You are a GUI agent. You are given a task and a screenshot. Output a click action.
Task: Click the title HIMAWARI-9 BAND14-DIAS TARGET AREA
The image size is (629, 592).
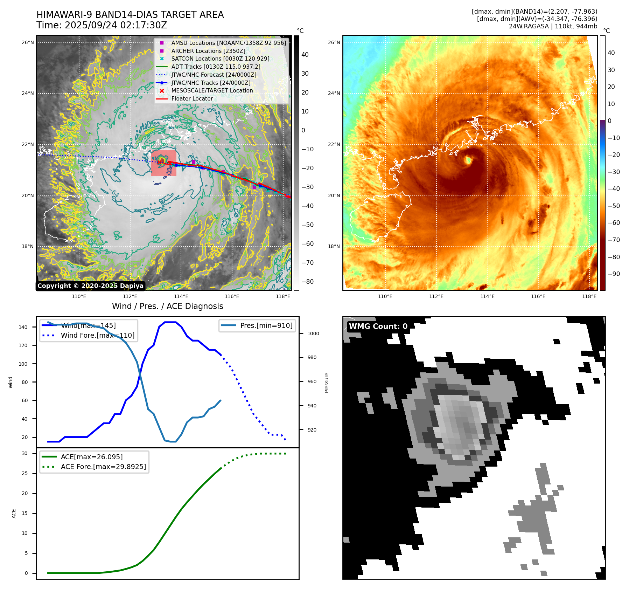(x=130, y=15)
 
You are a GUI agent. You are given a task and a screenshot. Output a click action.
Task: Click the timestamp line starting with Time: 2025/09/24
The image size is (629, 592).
(x=102, y=26)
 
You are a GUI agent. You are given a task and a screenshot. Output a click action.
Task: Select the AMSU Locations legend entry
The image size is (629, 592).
(x=228, y=43)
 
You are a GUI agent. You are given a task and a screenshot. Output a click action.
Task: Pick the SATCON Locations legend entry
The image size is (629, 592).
(x=220, y=58)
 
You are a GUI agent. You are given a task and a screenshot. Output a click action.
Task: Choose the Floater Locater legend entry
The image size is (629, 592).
(x=192, y=98)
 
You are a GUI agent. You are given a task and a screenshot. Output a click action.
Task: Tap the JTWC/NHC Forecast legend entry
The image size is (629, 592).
(x=214, y=75)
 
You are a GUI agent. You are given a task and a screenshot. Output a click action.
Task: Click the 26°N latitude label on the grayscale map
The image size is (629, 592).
(x=28, y=43)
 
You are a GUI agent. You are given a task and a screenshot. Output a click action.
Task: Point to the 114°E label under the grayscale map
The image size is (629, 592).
(x=181, y=296)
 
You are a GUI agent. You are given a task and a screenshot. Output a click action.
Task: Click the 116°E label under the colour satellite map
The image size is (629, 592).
(x=538, y=296)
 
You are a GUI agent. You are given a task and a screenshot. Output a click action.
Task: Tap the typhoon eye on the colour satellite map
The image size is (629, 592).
(x=468, y=160)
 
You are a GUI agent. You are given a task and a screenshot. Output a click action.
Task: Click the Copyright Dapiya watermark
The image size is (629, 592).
(x=90, y=286)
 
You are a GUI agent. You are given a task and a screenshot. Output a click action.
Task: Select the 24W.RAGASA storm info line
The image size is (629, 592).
(x=553, y=26)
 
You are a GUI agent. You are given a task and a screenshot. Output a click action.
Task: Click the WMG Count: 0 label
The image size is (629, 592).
(x=378, y=326)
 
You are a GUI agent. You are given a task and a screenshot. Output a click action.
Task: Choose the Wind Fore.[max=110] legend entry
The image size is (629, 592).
(x=97, y=335)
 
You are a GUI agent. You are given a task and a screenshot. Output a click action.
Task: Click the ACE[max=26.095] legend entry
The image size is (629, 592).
(x=92, y=457)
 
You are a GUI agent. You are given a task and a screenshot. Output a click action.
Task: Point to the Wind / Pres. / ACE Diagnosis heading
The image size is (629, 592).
(x=167, y=306)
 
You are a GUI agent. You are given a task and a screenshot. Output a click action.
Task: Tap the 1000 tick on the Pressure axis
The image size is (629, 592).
(x=313, y=333)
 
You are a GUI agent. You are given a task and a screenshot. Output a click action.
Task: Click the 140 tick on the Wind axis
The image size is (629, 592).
(x=23, y=327)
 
